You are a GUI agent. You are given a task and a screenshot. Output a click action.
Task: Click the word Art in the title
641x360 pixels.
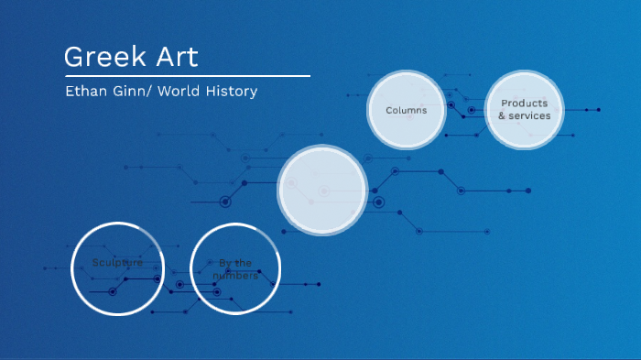[x=174, y=56]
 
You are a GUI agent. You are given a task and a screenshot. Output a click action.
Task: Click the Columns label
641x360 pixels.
[x=406, y=111]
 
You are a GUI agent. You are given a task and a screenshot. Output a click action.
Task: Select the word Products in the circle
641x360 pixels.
[x=524, y=104]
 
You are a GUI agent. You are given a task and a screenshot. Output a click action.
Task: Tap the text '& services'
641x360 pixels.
[x=524, y=116]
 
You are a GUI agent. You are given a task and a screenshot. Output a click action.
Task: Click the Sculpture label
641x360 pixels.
[x=117, y=263]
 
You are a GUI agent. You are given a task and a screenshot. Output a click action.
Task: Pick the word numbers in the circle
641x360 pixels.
[x=235, y=276]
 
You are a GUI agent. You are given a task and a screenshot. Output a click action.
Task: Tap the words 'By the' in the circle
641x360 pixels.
[x=235, y=263]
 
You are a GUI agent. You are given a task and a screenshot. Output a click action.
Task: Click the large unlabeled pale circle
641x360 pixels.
[x=322, y=191]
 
